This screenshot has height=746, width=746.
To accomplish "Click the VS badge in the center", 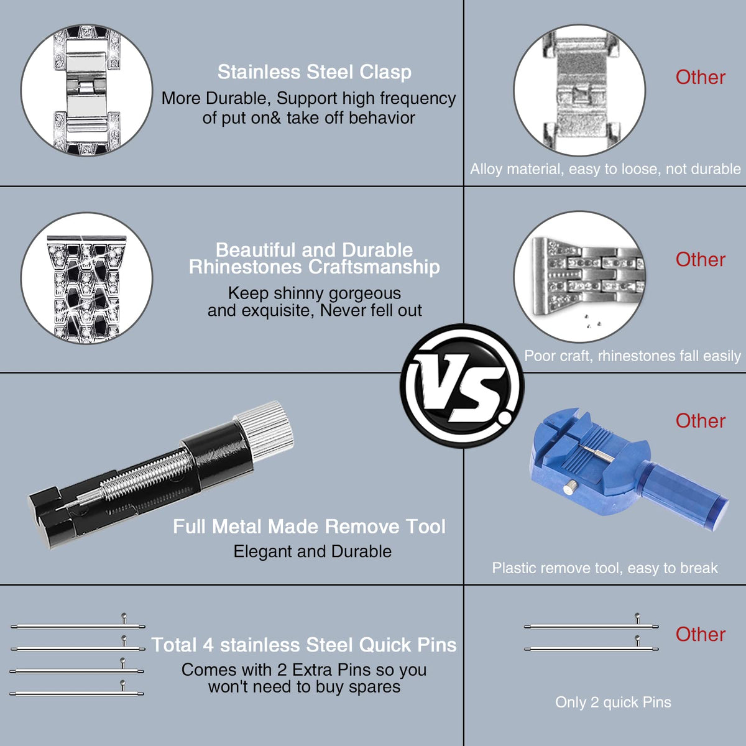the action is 463,386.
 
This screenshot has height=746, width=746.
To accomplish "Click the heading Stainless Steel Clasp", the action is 315,72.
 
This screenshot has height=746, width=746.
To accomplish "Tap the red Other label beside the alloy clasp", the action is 701,78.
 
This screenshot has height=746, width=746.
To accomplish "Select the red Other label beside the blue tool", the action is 701,421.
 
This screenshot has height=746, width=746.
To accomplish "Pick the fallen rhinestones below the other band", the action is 592,321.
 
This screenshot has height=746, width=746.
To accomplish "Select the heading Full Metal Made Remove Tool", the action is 309,527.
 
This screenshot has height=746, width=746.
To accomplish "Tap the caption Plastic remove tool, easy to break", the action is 605,568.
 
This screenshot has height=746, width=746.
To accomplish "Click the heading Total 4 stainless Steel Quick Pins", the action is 304,645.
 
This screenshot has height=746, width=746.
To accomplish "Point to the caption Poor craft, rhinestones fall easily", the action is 632,356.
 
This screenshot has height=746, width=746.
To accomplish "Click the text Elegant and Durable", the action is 313,551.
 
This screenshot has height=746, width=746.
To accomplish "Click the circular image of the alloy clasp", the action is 579,90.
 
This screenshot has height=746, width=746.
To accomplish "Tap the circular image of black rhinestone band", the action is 86,277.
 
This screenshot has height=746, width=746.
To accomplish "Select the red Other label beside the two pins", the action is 701,634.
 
